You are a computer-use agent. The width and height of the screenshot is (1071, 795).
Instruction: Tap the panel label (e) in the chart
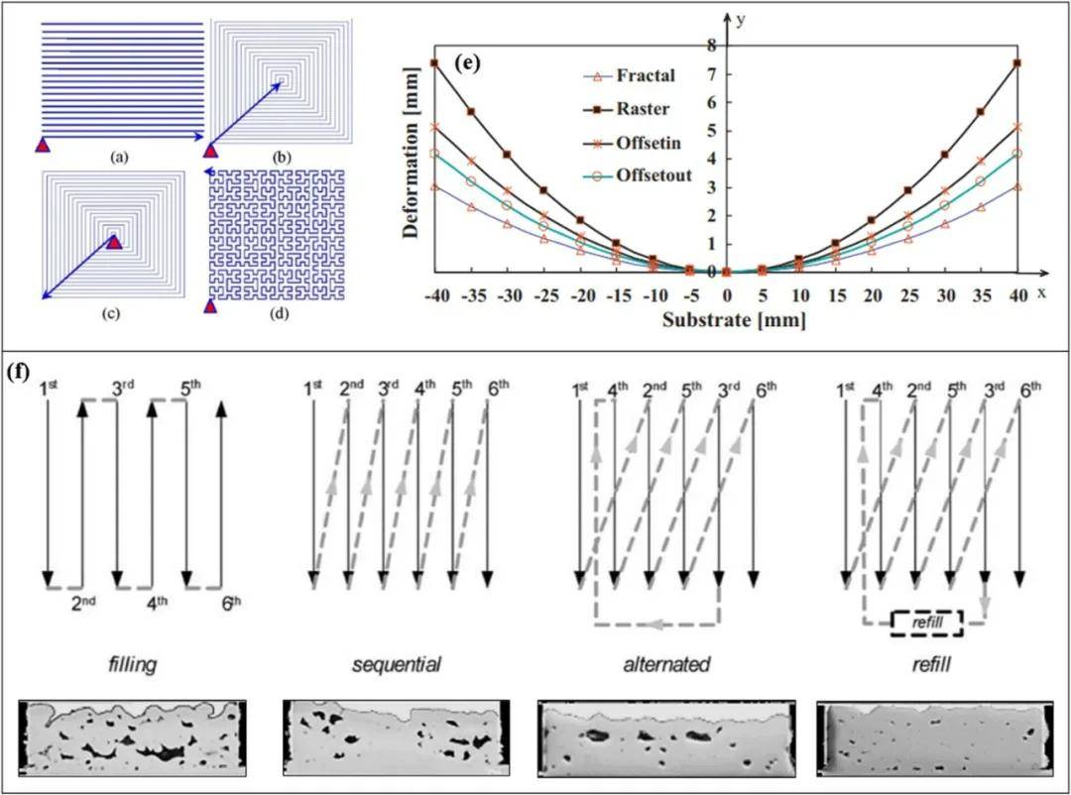coord(467,61)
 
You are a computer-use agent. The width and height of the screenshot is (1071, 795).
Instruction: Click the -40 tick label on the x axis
coord(434,297)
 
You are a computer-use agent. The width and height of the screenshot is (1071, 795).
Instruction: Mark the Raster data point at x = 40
coord(1018,63)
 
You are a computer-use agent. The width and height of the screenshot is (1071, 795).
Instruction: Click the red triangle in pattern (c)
coord(114,241)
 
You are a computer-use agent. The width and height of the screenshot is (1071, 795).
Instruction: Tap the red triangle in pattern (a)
coord(43,146)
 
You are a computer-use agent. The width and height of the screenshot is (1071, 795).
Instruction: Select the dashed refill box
coord(926,623)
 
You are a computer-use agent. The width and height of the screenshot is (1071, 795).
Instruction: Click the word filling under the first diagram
coord(132,664)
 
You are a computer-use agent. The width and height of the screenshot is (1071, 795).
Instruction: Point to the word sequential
coord(397,664)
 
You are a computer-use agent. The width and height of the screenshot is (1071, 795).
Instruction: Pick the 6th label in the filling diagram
coord(229,602)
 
